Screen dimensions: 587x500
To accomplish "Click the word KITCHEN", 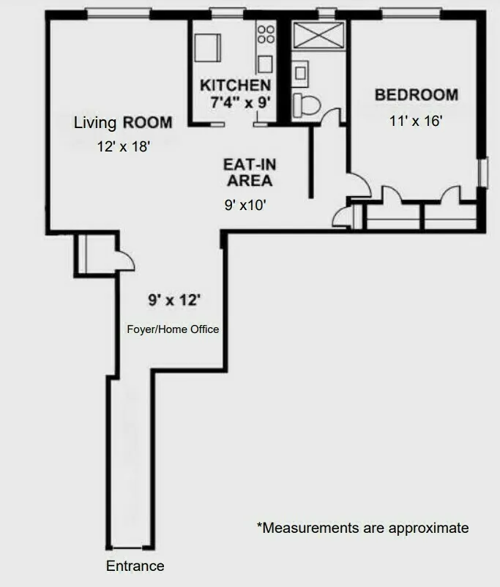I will [235, 86].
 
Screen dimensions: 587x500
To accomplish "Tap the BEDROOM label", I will [416, 94].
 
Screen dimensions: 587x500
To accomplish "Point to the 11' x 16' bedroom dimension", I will [416, 121].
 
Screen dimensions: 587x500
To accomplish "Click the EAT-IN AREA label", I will [249, 173].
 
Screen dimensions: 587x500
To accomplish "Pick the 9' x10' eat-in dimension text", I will [245, 206].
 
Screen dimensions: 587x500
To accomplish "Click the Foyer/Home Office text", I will [173, 329].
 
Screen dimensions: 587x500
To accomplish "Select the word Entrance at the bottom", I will [135, 566].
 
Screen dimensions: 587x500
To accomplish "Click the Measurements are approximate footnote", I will [362, 527].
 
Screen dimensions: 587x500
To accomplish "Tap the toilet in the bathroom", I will [305, 105].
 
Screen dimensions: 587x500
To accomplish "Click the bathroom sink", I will [300, 72].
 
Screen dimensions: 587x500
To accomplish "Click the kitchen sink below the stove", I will [264, 62].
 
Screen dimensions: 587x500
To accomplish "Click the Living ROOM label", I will [123, 122].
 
